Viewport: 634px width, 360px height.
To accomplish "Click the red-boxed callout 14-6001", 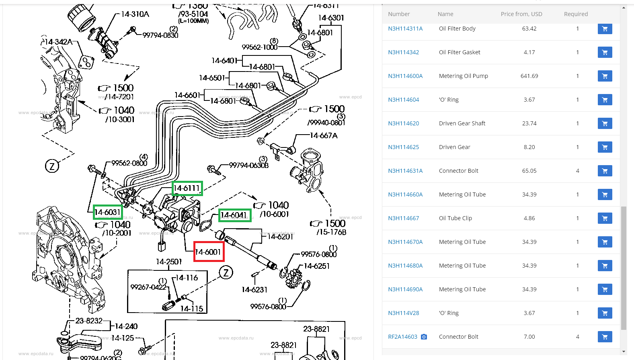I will pyautogui.click(x=209, y=252).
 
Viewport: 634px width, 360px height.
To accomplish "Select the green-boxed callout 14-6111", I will pyautogui.click(x=187, y=188).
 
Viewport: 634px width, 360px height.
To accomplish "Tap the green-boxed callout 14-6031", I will pyautogui.click(x=107, y=212).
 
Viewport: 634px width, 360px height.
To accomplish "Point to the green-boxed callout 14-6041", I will pyautogui.click(x=235, y=215).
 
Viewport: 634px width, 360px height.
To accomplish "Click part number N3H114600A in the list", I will pyautogui.click(x=405, y=76).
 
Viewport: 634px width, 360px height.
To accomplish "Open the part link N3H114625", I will pyautogui.click(x=403, y=147).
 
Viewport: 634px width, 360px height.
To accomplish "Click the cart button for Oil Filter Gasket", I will pyautogui.click(x=605, y=52).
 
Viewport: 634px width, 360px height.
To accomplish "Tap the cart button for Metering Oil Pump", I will pyautogui.click(x=605, y=76).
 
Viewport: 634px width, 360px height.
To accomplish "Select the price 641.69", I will pyautogui.click(x=529, y=76).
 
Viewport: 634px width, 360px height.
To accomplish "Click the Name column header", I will pyautogui.click(x=445, y=14).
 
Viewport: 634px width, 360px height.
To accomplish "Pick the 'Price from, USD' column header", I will pyautogui.click(x=521, y=14).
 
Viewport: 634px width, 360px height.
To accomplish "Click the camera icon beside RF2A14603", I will pyautogui.click(x=424, y=337).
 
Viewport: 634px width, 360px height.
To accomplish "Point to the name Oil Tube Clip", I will pyautogui.click(x=455, y=218).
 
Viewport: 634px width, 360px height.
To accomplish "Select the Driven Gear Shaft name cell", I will pyautogui.click(x=462, y=123).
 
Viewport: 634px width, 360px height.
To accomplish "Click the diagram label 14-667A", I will pyautogui.click(x=324, y=136).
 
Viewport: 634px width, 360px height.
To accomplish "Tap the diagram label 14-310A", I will pyautogui.click(x=135, y=14).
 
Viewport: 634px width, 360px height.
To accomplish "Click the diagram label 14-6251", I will pyautogui.click(x=316, y=266).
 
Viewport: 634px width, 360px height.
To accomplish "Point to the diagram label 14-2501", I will pyautogui.click(x=169, y=262).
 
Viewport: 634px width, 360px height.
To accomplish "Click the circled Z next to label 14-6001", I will pyautogui.click(x=226, y=273).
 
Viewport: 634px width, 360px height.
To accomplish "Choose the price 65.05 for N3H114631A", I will pyautogui.click(x=529, y=171).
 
